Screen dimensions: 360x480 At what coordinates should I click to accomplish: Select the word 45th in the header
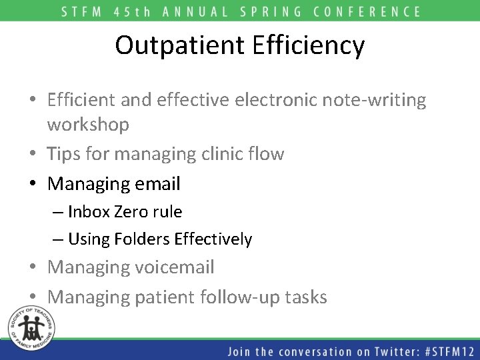coord(139,11)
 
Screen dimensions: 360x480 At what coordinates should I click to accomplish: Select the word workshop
coord(88,125)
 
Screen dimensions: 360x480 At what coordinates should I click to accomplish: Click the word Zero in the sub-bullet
coord(132,211)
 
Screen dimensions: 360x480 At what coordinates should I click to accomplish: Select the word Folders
coord(146,239)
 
